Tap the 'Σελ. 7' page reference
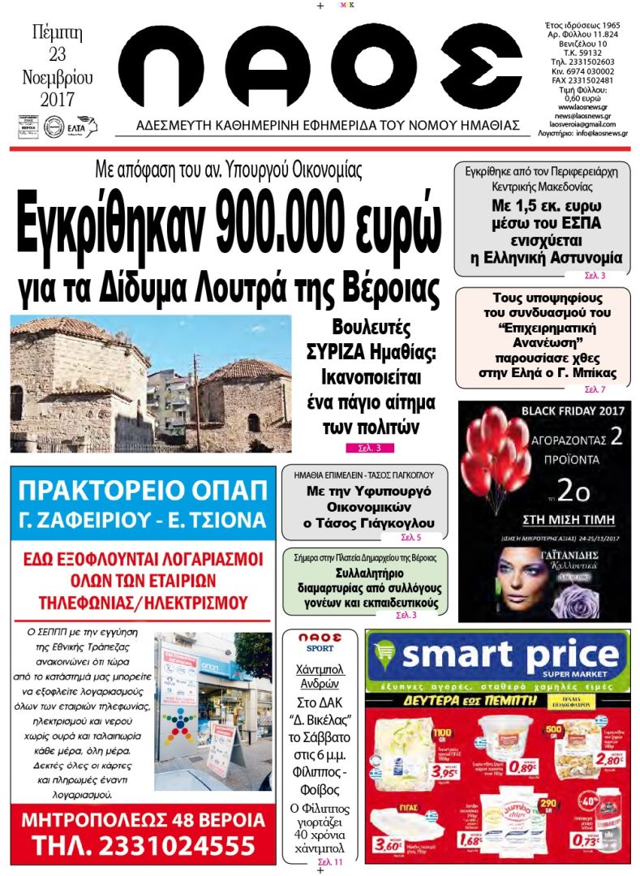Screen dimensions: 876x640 (x=595, y=389)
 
